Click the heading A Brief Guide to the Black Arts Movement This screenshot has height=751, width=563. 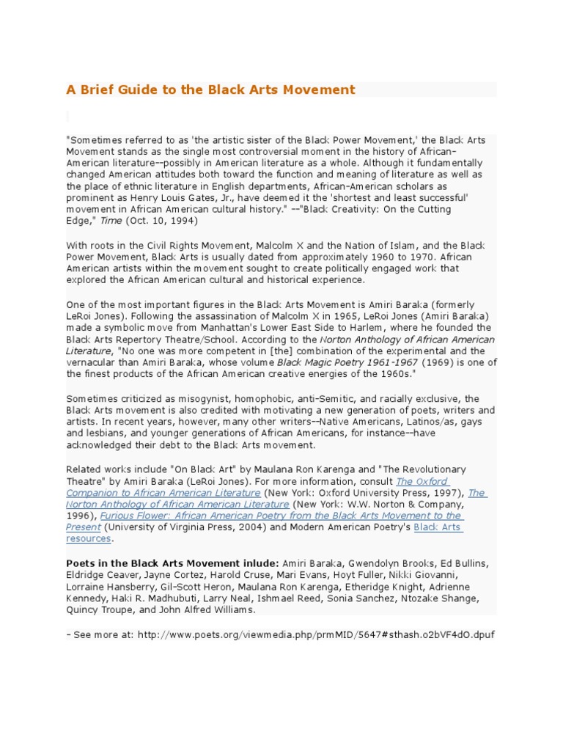pos(210,89)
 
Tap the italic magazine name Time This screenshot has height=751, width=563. pos(114,221)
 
